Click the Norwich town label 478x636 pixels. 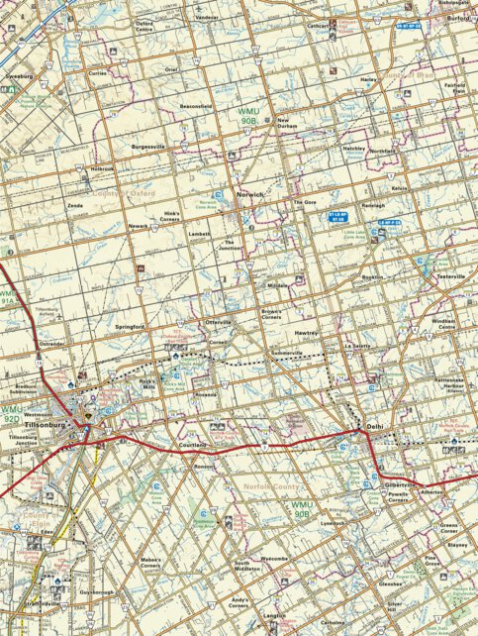coord(250,195)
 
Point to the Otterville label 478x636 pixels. coord(217,323)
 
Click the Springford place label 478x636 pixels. coord(130,326)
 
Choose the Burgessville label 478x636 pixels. coord(148,146)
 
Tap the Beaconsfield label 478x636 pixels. coord(197,104)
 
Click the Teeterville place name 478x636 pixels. coord(450,276)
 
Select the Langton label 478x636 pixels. coord(274,615)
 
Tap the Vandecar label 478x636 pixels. coord(207,18)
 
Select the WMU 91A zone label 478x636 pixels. coord(8,298)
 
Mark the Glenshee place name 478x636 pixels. coord(391,584)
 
